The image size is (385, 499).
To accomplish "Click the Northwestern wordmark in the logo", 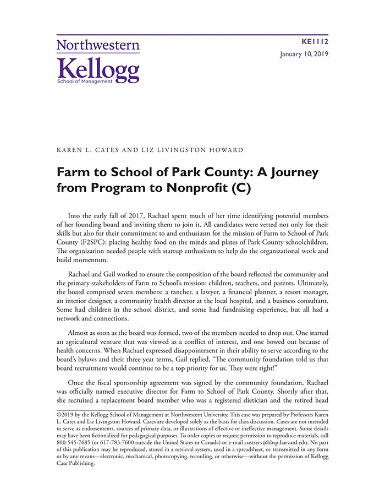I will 98,45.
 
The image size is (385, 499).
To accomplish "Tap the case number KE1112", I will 315,41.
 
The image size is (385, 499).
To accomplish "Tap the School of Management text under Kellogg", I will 85,81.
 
